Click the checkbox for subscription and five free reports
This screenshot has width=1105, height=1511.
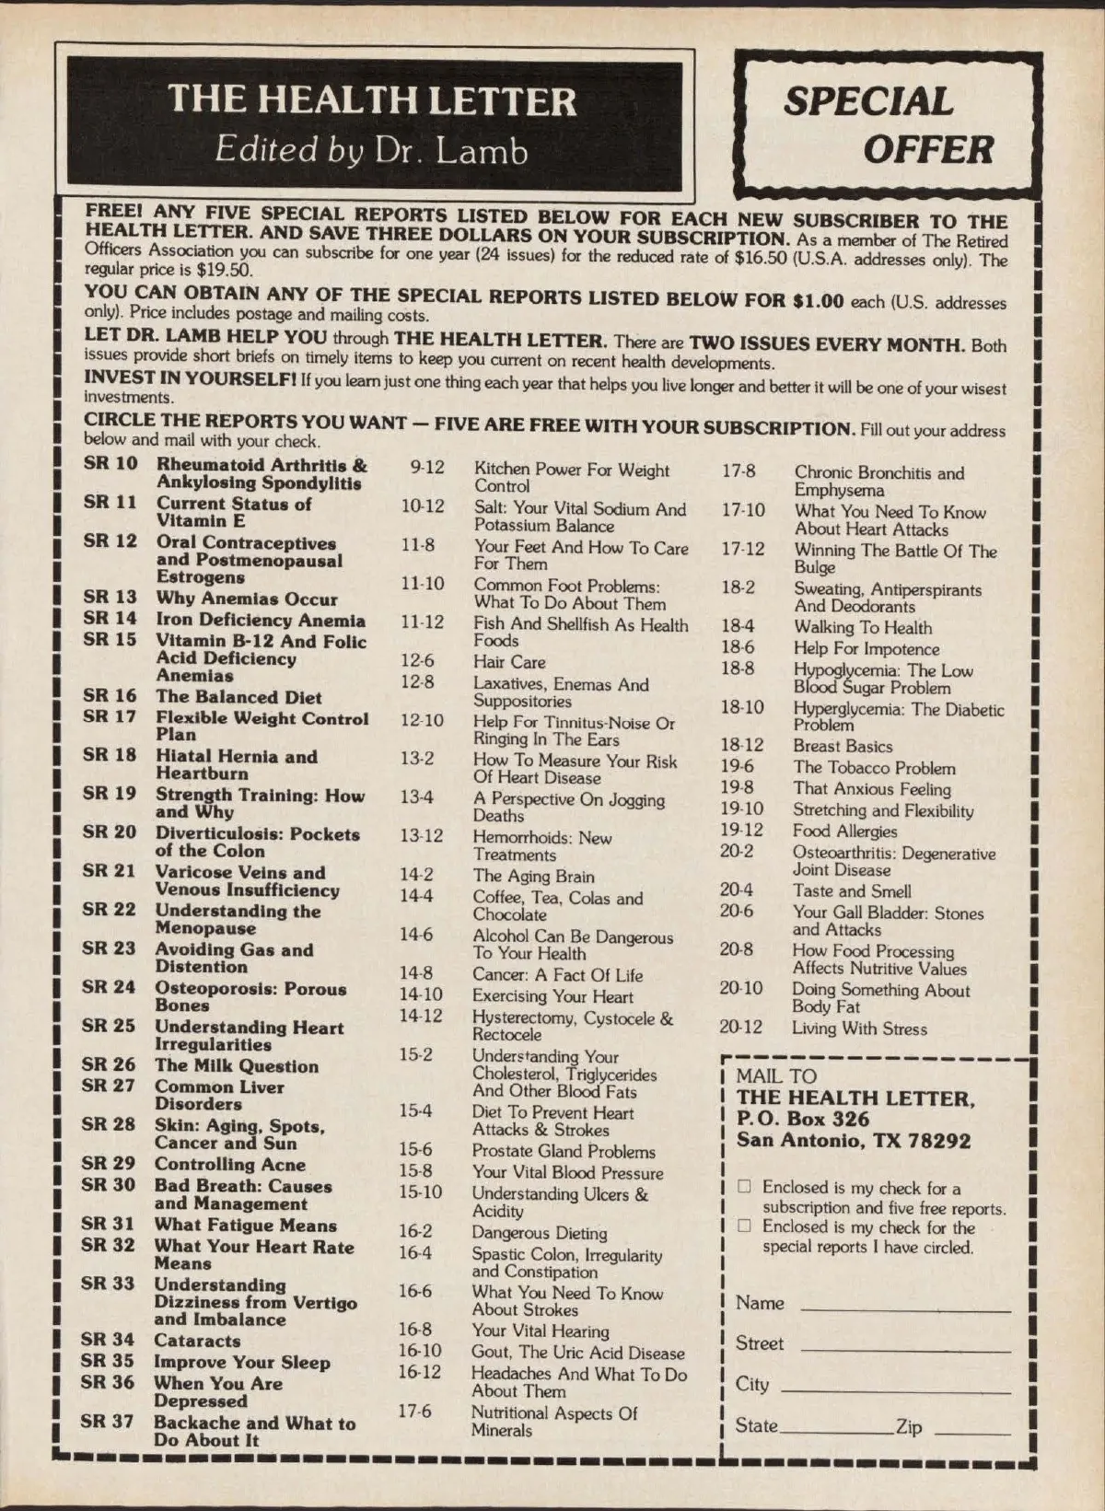click(x=744, y=1187)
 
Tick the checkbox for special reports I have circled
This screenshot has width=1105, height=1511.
click(x=744, y=1226)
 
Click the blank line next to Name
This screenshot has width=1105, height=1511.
click(x=905, y=1308)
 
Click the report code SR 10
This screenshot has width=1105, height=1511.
click(x=110, y=463)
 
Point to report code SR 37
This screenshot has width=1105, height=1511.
click(x=107, y=1421)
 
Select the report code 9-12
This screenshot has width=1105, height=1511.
click(x=427, y=468)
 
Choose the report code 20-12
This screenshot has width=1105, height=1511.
click(x=741, y=1026)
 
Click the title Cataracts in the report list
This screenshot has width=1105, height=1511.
click(x=197, y=1341)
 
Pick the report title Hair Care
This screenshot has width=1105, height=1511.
click(x=509, y=662)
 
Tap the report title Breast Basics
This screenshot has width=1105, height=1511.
click(x=843, y=746)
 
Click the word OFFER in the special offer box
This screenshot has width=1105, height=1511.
click(x=928, y=149)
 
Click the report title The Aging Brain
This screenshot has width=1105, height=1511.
click(x=533, y=876)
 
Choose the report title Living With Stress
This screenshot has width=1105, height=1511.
click(x=859, y=1029)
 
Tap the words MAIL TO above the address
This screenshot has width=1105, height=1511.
click(x=776, y=1075)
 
